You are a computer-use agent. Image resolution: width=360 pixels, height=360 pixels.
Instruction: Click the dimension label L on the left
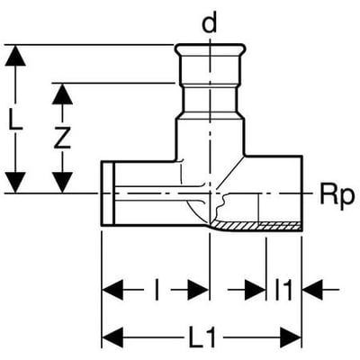tap(14, 120)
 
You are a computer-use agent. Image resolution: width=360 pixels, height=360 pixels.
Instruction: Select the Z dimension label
tap(62, 138)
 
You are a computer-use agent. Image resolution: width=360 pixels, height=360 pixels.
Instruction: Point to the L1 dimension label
tap(202, 337)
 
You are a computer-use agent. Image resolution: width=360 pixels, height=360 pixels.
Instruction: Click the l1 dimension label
tap(283, 290)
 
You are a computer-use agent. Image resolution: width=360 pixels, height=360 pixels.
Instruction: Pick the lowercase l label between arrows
tap(157, 290)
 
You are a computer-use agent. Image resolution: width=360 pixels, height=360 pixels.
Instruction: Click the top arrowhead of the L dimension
tap(15, 56)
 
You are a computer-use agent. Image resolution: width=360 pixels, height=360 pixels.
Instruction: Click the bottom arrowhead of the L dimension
tap(15, 183)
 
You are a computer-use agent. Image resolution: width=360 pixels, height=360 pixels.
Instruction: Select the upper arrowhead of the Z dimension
tap(62, 94)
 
